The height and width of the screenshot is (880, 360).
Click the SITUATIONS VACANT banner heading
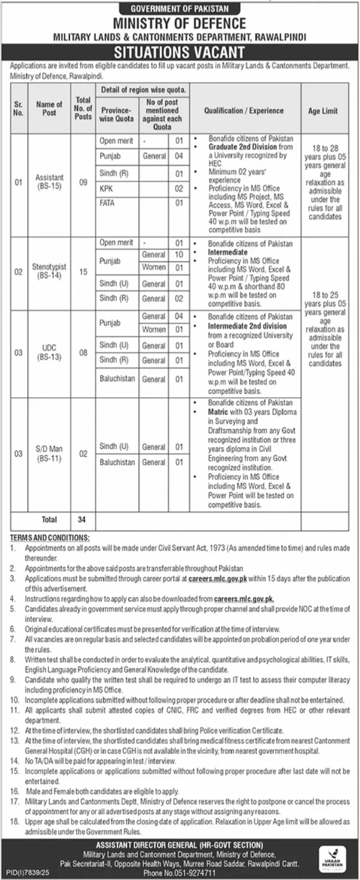180,52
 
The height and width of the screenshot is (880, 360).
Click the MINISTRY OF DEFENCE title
180,23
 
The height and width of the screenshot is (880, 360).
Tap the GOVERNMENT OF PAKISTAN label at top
180,9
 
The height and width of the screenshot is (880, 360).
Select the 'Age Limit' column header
325,111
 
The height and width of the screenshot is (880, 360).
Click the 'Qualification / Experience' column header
244,111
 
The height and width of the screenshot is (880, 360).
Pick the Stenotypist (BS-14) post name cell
49,271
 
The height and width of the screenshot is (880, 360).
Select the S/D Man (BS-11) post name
49,454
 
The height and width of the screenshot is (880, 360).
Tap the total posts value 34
83,519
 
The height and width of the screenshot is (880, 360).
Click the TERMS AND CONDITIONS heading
49,539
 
